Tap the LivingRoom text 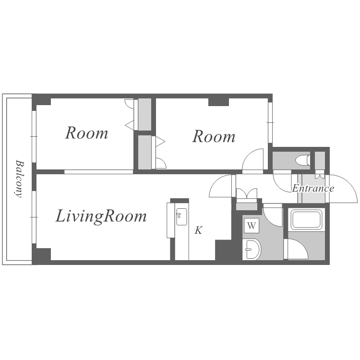101,216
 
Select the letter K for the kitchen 199,230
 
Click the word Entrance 313,188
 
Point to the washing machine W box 252,226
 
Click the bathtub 306,220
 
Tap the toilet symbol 303,160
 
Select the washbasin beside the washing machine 252,249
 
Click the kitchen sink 181,217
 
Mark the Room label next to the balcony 86,133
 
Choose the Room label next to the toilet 214,137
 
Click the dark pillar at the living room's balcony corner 42,254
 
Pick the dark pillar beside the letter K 223,250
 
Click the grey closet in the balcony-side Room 144,114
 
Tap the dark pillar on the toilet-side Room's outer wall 218,102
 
